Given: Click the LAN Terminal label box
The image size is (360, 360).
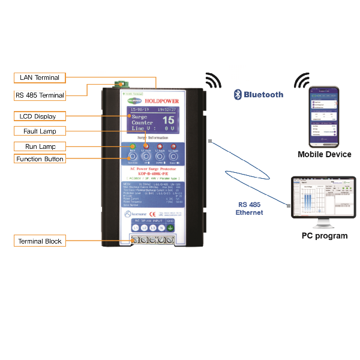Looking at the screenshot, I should tap(40, 78).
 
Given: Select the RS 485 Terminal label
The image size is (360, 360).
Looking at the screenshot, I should tap(40, 95).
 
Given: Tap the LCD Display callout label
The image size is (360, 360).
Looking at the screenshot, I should tap(40, 116).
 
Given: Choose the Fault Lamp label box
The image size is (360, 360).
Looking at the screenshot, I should tap(40, 131).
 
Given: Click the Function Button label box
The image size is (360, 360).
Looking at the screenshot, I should tap(40, 159).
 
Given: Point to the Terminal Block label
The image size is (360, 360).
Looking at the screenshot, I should tap(40, 241).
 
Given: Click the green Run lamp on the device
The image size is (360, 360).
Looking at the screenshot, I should tap(133, 148).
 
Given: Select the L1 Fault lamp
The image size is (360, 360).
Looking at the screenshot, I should tap(146, 148).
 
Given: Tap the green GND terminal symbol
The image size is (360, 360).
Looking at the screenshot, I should tap(170, 228).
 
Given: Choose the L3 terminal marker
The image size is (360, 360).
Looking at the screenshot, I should tap(152, 228).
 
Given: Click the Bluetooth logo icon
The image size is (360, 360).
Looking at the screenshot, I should tap(238, 94).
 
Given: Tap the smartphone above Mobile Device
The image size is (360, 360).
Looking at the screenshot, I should tap(323, 118).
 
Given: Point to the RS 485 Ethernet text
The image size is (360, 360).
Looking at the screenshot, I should tap(249, 208).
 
